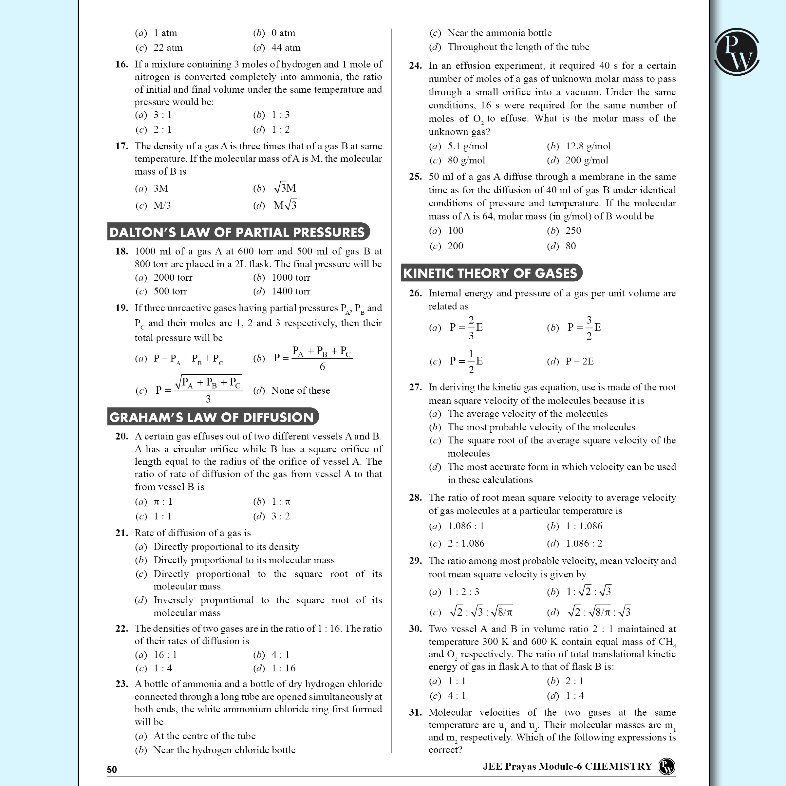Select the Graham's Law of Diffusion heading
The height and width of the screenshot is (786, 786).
tap(212, 417)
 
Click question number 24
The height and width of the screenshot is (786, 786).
tap(415, 66)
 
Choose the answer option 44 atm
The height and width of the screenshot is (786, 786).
tap(286, 47)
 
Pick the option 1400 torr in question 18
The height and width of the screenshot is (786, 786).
tap(290, 291)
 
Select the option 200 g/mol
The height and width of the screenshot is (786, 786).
tap(587, 160)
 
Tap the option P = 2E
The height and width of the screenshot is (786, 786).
tap(579, 361)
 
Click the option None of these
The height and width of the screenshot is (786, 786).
tap(300, 391)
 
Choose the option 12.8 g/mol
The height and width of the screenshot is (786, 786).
tap(588, 146)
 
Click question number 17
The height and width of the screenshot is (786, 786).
tap(122, 146)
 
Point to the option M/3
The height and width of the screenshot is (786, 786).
tap(162, 205)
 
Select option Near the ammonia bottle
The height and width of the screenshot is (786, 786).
tap(499, 33)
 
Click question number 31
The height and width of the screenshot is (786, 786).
tap(415, 712)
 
